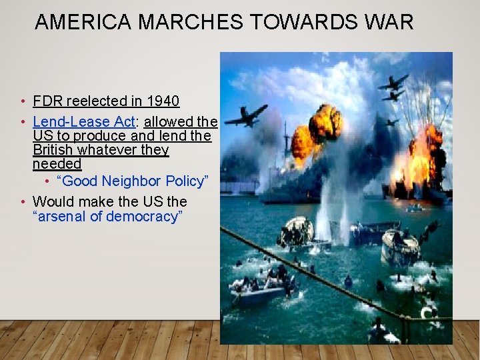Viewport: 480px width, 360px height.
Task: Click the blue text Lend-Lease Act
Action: (84, 122)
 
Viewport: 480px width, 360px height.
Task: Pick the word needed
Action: (57, 164)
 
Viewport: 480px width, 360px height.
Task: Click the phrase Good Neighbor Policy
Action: (133, 182)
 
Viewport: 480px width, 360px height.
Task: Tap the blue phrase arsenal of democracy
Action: (108, 216)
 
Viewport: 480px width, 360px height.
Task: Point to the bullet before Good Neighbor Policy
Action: (47, 182)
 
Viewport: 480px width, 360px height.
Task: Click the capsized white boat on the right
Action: (400, 247)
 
